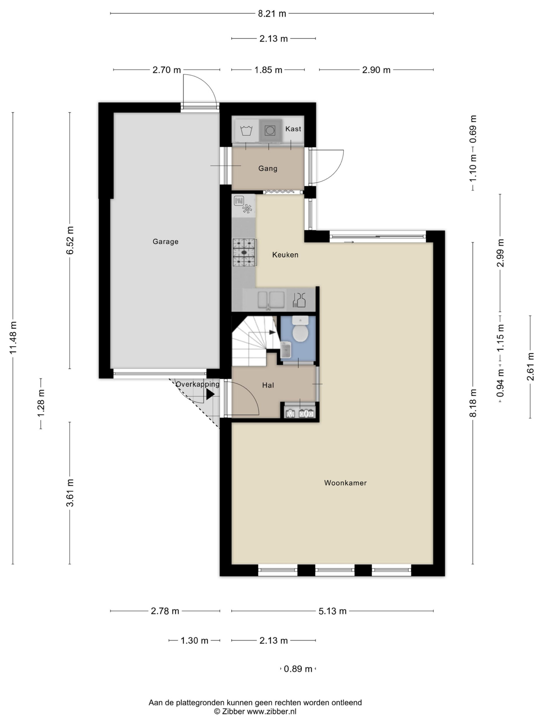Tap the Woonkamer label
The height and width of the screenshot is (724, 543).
click(345, 483)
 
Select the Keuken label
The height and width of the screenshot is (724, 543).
click(285, 255)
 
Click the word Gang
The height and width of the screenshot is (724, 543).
click(268, 169)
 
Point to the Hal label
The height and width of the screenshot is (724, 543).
click(268, 385)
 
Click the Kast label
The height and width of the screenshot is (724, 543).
click(293, 129)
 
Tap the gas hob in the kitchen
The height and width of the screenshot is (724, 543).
click(244, 252)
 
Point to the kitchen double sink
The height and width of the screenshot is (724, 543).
click(271, 300)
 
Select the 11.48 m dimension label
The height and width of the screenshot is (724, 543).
click(13, 338)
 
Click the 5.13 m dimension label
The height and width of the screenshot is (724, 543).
click(333, 611)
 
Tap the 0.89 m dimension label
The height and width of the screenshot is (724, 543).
click(298, 669)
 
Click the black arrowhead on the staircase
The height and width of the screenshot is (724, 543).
click(272, 333)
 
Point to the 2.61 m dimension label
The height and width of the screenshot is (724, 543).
click(530, 367)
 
